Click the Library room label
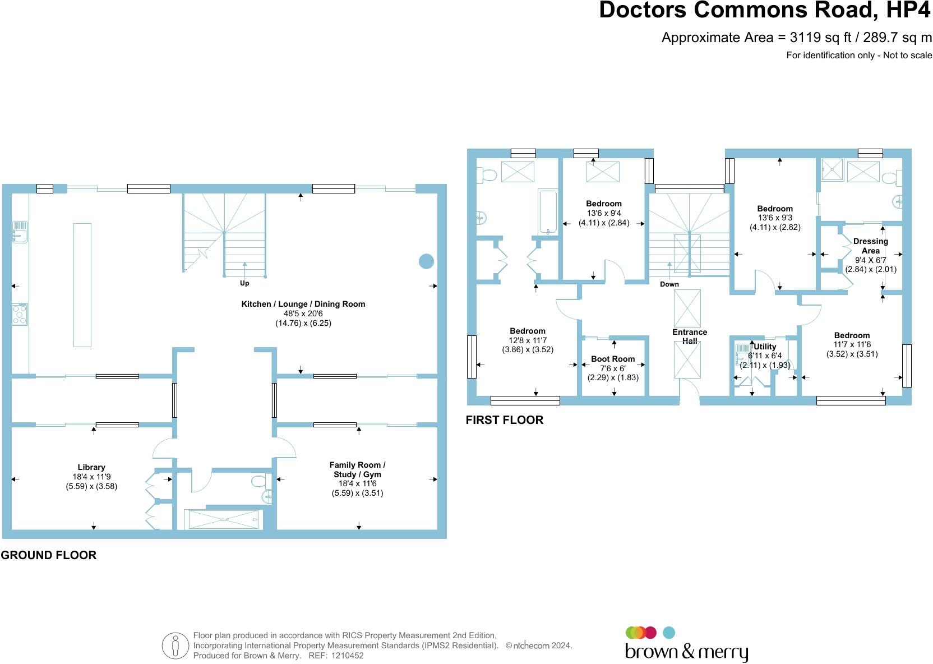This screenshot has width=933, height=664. click(x=91, y=467)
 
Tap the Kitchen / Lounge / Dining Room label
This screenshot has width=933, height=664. click(x=303, y=304)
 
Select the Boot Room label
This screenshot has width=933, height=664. click(x=613, y=359)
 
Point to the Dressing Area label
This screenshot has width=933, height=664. click(x=871, y=246)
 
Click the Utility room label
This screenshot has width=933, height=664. click(x=765, y=347)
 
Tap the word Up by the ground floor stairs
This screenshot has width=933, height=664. click(x=244, y=283)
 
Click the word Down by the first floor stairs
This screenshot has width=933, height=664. click(x=669, y=284)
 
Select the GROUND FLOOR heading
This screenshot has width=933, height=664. click(x=49, y=555)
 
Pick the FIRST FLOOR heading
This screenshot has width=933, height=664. click(x=505, y=420)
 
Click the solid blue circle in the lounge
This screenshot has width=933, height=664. click(x=426, y=261)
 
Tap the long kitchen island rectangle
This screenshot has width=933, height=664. click(x=82, y=285)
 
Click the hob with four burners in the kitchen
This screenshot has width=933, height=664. click(x=20, y=314)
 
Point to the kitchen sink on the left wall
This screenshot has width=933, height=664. click(x=20, y=232)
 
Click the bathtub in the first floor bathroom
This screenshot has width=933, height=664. click(x=548, y=211)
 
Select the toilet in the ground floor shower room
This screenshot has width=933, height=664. click(x=262, y=482)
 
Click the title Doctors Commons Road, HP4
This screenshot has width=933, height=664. click(x=765, y=10)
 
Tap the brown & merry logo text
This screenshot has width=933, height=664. click(x=686, y=652)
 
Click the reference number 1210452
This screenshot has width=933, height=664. click(x=348, y=656)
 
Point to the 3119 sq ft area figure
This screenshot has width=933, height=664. click(x=820, y=38)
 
